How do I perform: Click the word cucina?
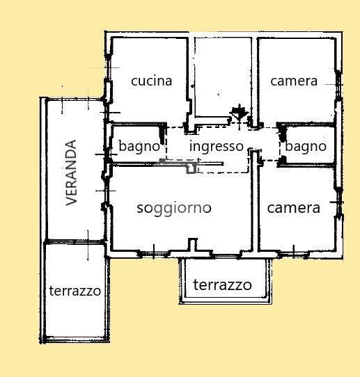pyautogui.click(x=152, y=81)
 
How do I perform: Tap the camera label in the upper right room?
pyautogui.click(x=294, y=81)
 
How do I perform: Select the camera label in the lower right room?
pyautogui.click(x=294, y=208)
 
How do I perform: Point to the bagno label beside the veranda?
pyautogui.click(x=139, y=147)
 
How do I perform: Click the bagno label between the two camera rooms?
pyautogui.click(x=306, y=147)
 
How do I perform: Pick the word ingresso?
pyautogui.click(x=217, y=147)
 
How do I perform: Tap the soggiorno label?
pyautogui.click(x=174, y=209)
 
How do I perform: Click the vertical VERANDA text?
pyautogui.click(x=72, y=173)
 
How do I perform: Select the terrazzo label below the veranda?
pyautogui.click(x=75, y=291)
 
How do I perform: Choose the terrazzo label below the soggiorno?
pyautogui.click(x=222, y=285)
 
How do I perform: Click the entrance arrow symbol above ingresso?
pyautogui.click(x=239, y=115)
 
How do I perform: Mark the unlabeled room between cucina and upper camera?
pyautogui.click(x=223, y=77)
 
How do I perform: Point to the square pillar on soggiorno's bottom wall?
pyautogui.click(x=192, y=245)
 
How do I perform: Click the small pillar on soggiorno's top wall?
pyautogui.click(x=191, y=168)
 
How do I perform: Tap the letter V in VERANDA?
pyautogui.click(x=72, y=201)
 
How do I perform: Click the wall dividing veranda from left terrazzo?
pyautogui.click(x=75, y=241)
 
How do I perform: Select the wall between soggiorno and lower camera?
pyautogui.click(x=253, y=202)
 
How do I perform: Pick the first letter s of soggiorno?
pyautogui.click(x=140, y=209)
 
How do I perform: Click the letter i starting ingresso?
pyautogui.click(x=191, y=146)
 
